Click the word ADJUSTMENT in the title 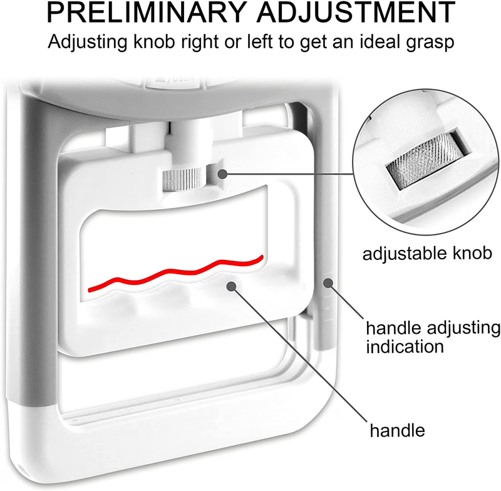pyautogui.click(x=356, y=13)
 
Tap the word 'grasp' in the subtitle pyautogui.click(x=430, y=42)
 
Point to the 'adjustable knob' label pyautogui.click(x=427, y=253)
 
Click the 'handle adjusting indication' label pyautogui.click(x=433, y=338)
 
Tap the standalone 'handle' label pyautogui.click(x=397, y=430)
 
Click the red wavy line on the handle pyautogui.click(x=175, y=272)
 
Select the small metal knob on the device pyautogui.click(x=183, y=179)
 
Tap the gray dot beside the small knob pyautogui.click(x=222, y=174)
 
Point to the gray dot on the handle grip pyautogui.click(x=231, y=286)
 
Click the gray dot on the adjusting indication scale pyautogui.click(x=328, y=283)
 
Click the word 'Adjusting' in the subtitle pyautogui.click(x=88, y=42)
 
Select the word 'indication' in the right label pyautogui.click(x=405, y=346)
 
